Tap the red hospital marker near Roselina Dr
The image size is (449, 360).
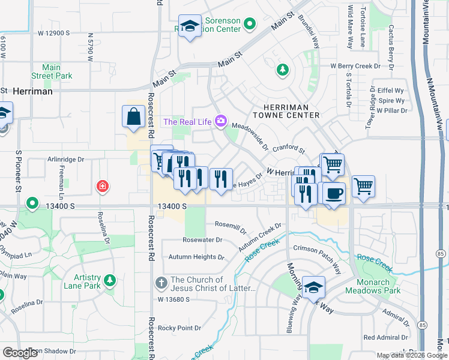click(x=103, y=187)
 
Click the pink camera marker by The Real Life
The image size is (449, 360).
click(x=220, y=122)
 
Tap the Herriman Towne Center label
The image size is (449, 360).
click(x=286, y=110)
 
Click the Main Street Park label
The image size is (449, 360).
click(x=52, y=72)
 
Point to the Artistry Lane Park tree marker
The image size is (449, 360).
click(x=109, y=280)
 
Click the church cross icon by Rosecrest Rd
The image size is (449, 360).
click(x=161, y=282)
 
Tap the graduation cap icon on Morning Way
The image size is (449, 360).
click(x=313, y=288)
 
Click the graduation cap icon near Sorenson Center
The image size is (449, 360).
click(x=190, y=26)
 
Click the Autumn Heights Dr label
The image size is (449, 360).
click(x=196, y=257)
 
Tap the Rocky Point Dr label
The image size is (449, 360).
click(x=179, y=328)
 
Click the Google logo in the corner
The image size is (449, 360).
click(x=20, y=353)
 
